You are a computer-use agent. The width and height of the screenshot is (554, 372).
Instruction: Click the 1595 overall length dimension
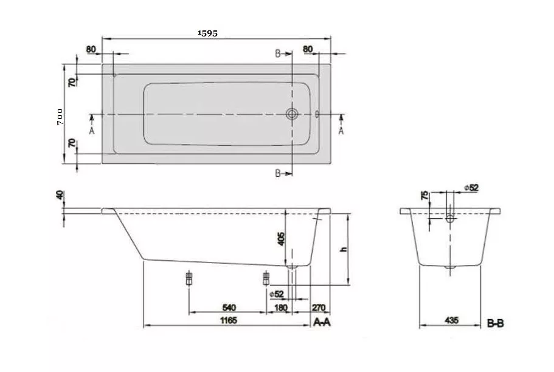208,33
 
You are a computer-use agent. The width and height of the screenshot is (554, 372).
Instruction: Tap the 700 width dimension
60,117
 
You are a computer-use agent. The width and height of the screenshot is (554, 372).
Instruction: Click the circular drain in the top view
292,114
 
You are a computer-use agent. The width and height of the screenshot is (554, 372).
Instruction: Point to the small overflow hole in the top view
317,114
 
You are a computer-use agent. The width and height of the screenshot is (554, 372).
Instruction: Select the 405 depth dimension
281,239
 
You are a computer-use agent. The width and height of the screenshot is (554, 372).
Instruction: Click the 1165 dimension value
229,320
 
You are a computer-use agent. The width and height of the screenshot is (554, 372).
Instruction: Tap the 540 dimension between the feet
229,308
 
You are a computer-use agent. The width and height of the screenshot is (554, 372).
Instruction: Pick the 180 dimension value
281,308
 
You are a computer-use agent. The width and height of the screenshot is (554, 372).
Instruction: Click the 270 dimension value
318,308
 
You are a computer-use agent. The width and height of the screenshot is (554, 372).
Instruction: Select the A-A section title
322,322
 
